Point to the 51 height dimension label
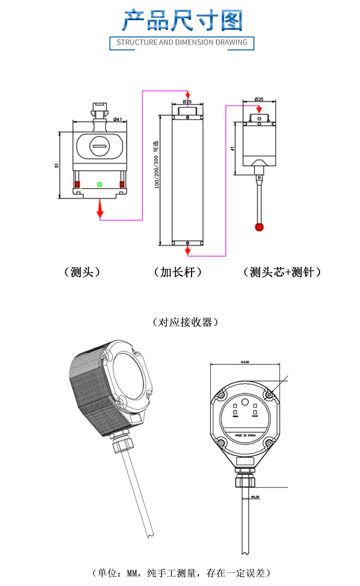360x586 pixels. point(57,165)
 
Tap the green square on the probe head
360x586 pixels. point(99,184)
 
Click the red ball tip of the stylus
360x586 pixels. point(259,227)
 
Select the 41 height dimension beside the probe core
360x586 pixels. point(232,148)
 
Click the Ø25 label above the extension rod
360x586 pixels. point(187,102)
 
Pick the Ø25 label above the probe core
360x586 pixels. point(259,99)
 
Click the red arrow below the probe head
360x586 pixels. point(100,209)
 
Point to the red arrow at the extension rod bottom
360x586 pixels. point(187,251)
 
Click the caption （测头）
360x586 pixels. point(82,272)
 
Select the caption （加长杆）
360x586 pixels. point(178,272)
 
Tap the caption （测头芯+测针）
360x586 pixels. point(282,272)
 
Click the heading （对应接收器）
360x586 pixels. point(185,322)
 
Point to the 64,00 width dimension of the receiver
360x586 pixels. point(244,362)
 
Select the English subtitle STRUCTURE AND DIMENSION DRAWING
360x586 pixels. point(182,42)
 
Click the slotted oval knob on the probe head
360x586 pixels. point(100,145)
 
